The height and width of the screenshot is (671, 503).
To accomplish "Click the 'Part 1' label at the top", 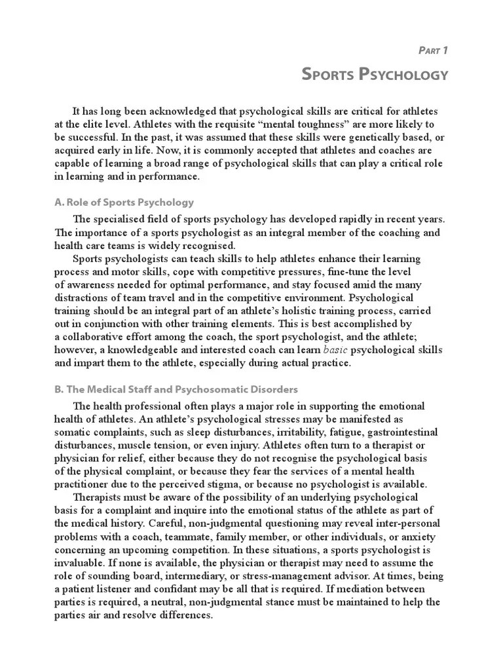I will coord(432,50).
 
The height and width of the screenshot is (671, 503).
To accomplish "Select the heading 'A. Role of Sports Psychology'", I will coord(124,202).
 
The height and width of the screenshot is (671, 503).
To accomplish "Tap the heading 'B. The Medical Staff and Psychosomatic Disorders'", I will coord(176,389).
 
